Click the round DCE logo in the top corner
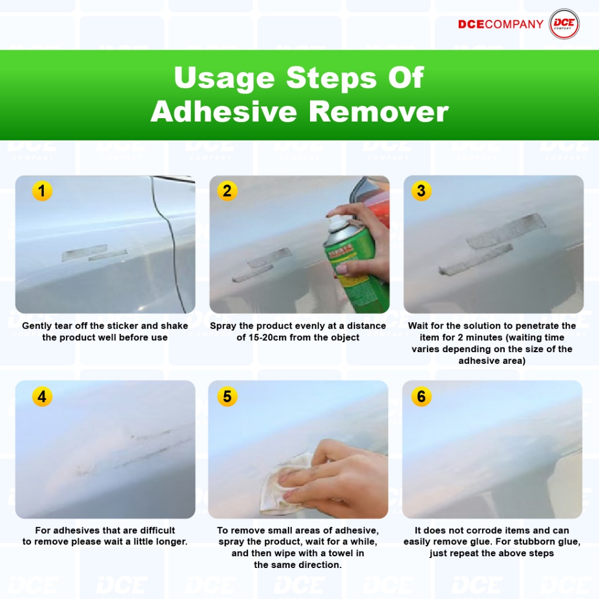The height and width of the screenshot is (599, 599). coord(564,24)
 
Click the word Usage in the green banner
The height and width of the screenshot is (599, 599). coord(224,78)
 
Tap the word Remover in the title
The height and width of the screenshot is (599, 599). coord(378,112)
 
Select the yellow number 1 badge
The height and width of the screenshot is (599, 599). coord(42,191)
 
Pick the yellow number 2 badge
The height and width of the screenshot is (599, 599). coord(228,191)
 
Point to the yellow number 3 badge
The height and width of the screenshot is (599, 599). coord(421,191)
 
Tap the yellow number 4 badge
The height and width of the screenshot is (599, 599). coord(42,396)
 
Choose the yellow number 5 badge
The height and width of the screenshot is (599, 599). coord(228,396)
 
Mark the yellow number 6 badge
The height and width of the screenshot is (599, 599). coord(421,396)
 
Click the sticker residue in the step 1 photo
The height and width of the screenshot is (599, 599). coord(94,253)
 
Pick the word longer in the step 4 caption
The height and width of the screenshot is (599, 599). coord(170,542)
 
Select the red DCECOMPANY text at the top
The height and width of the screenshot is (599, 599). coord(501,24)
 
